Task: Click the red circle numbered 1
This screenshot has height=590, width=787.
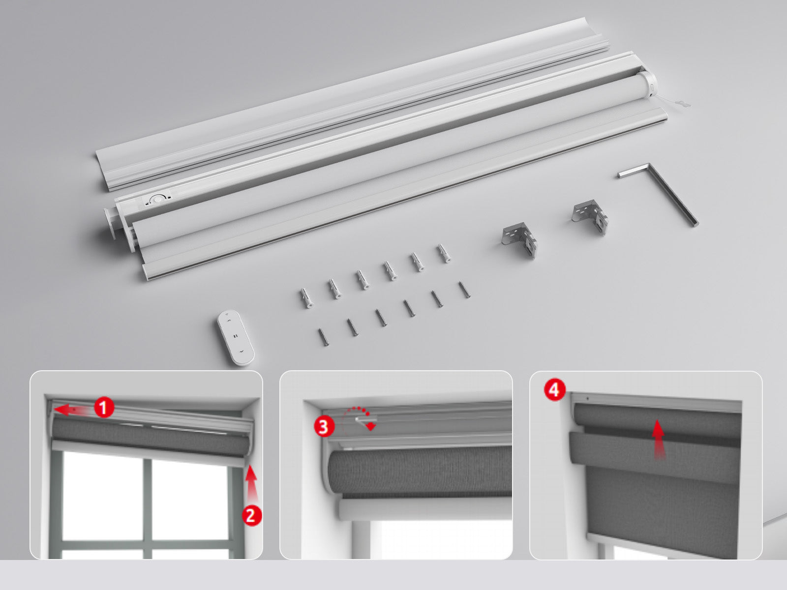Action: coord(103,408)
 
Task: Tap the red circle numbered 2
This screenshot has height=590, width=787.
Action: coord(251,515)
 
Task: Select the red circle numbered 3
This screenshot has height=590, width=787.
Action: coord(323,427)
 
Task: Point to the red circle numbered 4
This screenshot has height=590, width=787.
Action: coord(554,390)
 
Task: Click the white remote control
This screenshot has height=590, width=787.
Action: coord(236,338)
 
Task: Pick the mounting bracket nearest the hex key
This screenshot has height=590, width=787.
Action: coord(590,216)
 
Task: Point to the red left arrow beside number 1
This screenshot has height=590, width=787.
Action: coord(70,410)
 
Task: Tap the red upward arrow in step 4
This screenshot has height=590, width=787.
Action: coord(658,440)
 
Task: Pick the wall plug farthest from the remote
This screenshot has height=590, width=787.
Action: coord(444,253)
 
